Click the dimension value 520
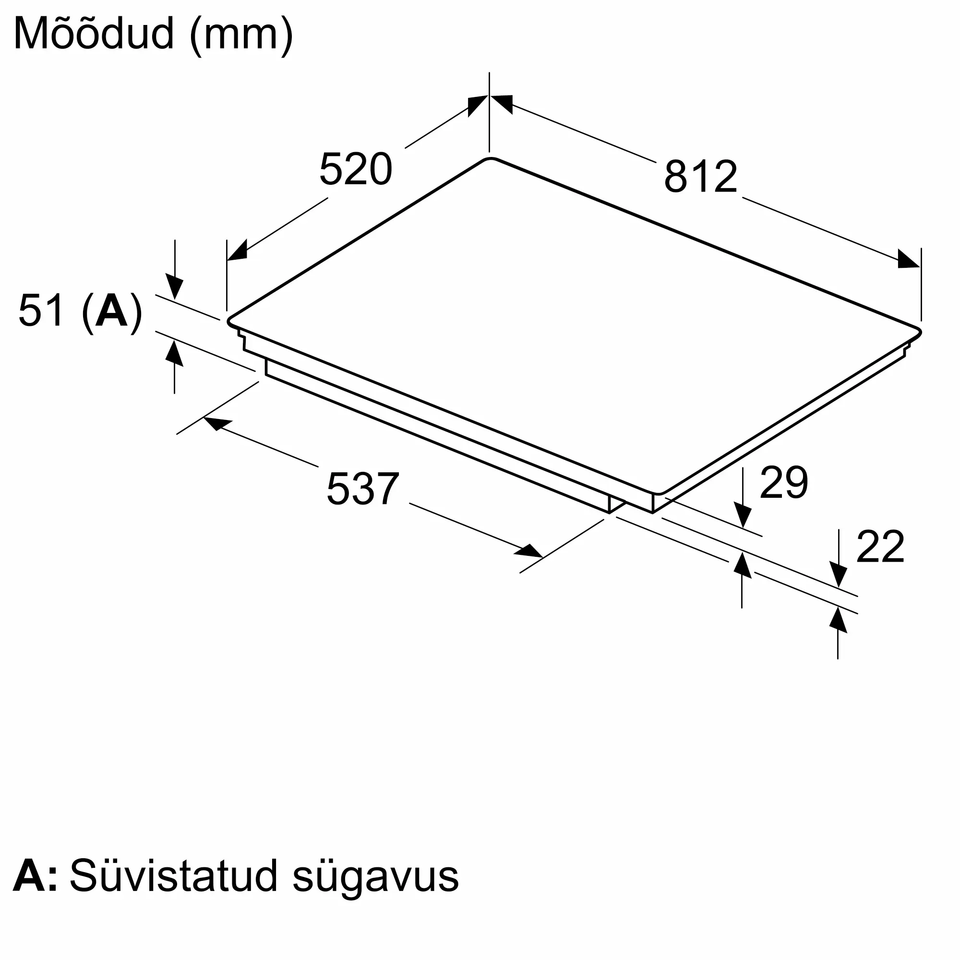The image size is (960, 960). point(356,169)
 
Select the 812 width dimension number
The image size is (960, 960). point(701,176)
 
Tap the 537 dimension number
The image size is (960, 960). point(363,489)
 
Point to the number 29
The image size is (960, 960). point(784,482)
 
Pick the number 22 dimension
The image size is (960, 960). point(880,547)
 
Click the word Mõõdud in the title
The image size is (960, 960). point(94,34)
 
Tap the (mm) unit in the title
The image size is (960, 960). point(241,35)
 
